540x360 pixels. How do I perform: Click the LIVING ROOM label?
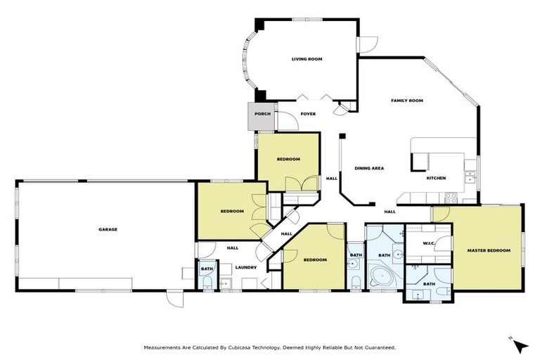(307, 59)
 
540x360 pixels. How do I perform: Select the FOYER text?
(308, 114)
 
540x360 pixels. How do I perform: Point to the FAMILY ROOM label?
(406, 101)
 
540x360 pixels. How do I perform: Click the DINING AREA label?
(368, 168)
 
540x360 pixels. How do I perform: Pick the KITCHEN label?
(436, 178)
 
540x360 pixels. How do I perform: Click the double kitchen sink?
(470, 176)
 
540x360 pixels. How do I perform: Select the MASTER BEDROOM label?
(488, 250)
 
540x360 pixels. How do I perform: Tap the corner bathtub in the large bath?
(382, 276)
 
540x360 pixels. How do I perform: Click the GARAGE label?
(108, 229)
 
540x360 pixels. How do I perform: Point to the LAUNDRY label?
(245, 267)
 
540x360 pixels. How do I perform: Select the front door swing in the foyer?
(288, 121)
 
